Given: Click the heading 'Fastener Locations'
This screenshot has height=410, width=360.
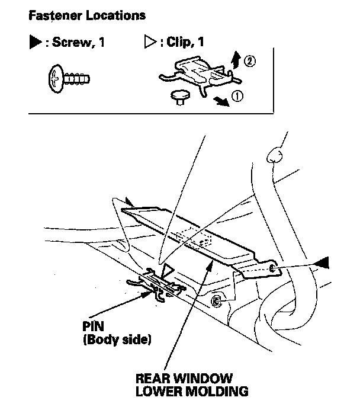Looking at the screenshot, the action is tap(87, 15).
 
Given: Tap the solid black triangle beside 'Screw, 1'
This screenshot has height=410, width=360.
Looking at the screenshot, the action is tap(36, 42).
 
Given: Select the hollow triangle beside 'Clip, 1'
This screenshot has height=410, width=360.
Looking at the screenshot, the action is tap(150, 42).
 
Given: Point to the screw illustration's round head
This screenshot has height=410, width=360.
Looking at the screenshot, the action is tap(56, 79).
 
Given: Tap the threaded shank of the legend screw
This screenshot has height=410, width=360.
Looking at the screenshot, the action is tap(76, 79).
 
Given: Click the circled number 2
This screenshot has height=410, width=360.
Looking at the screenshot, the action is tap(250, 61).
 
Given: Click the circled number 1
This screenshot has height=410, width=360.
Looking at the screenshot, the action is tap(237, 96).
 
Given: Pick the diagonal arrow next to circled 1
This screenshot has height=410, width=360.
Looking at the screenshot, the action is tap(221, 101).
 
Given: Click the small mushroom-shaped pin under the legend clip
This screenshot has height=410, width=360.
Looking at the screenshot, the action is tap(180, 97).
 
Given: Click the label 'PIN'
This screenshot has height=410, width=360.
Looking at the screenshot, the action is tap(94, 326).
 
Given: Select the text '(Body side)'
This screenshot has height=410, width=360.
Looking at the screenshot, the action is tap(117, 339).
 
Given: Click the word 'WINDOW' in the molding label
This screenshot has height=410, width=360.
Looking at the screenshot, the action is tap(202, 379).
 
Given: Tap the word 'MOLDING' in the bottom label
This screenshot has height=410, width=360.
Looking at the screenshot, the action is tap(217, 392).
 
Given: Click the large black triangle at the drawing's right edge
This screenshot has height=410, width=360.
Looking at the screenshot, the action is tap(322, 262).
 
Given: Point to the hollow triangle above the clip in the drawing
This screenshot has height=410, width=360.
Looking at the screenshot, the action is tap(167, 272).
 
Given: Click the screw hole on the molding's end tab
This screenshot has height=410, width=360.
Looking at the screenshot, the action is tap(272, 268).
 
